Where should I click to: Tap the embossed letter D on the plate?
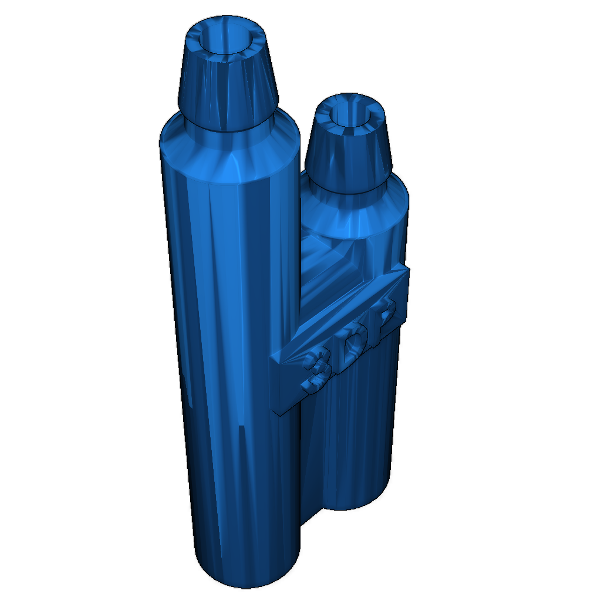[355, 344]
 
